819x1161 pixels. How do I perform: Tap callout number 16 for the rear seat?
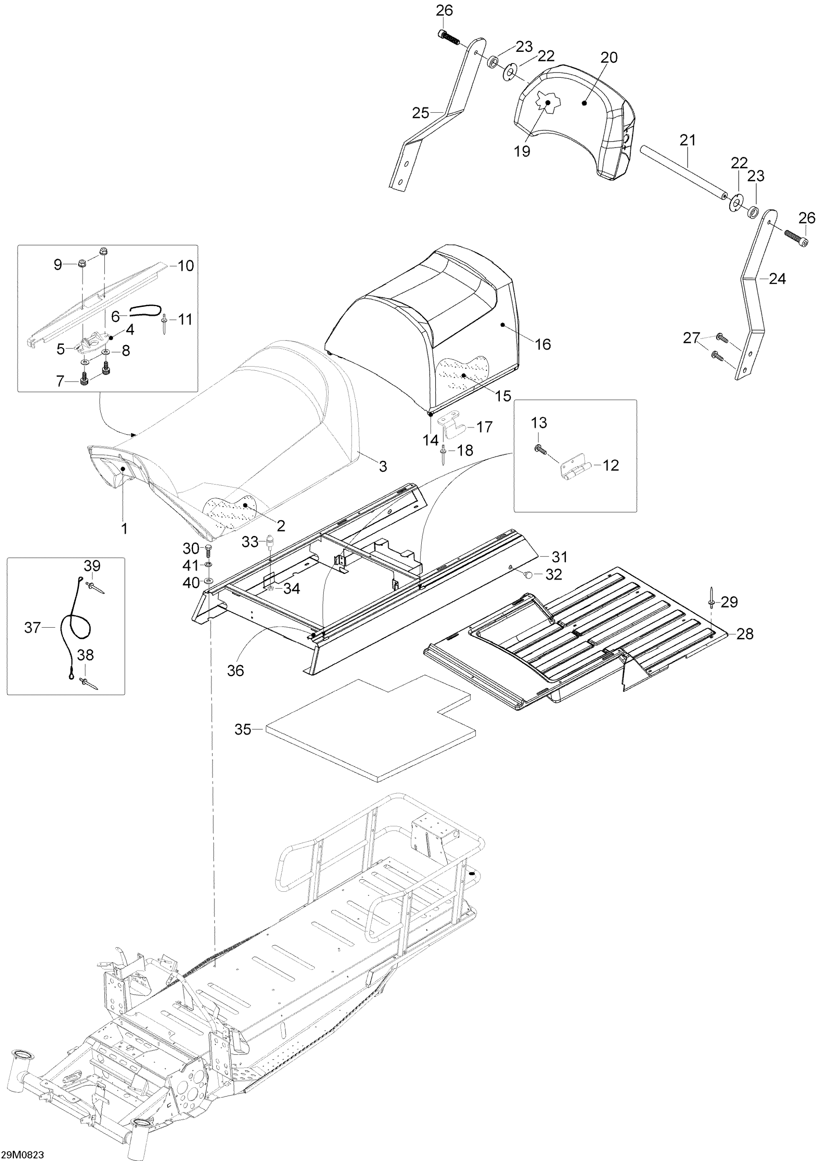542,344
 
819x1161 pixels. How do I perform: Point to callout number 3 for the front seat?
383,466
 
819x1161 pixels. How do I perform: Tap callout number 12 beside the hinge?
611,465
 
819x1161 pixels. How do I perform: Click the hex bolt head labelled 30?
208,548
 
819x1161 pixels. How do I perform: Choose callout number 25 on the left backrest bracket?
421,113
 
